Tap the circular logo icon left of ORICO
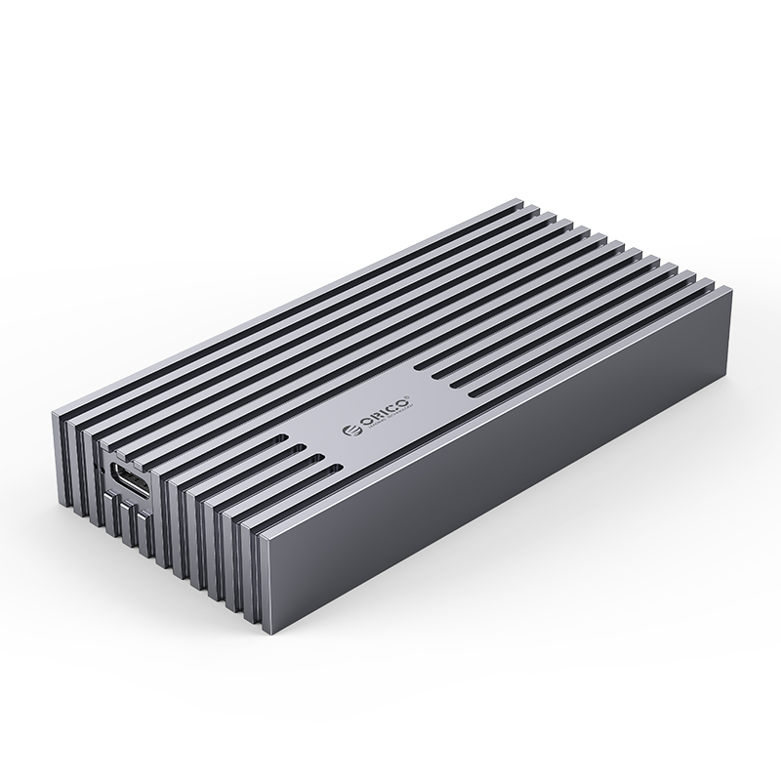tap(351, 430)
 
